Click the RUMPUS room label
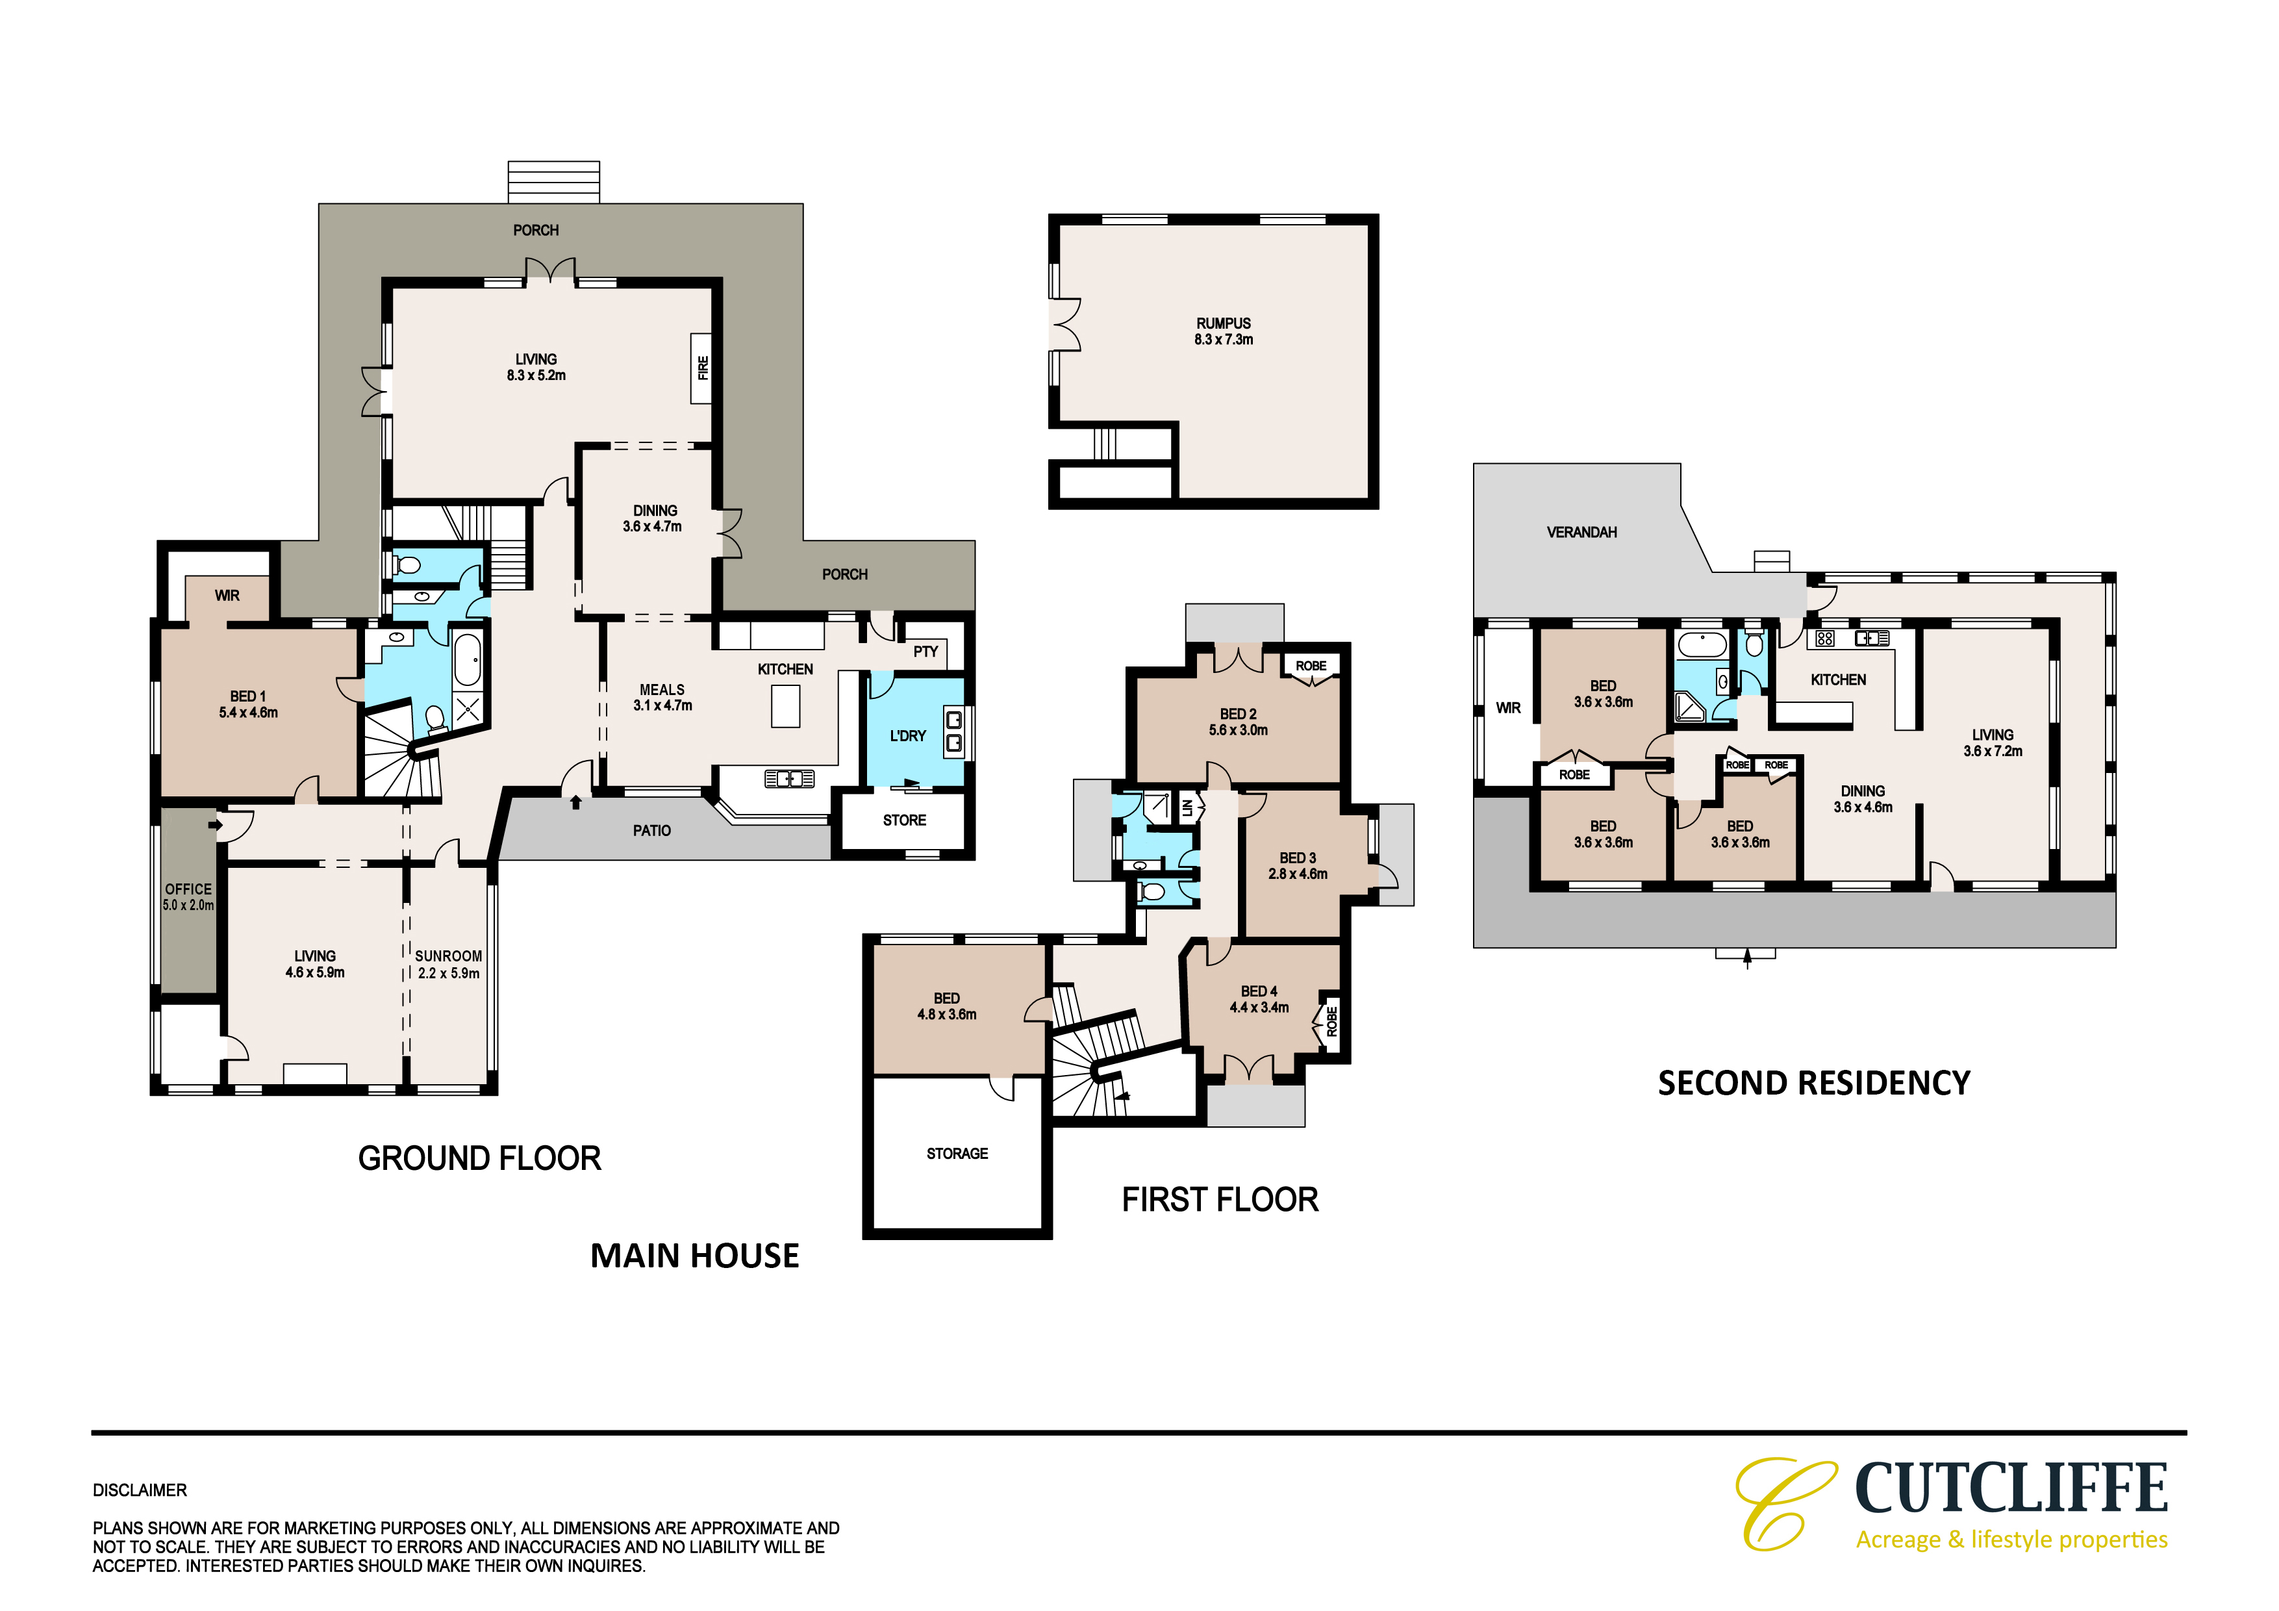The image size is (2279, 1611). click(1223, 323)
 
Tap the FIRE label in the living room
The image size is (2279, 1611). click(703, 367)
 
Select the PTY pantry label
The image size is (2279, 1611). click(925, 651)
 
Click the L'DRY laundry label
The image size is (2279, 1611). click(907, 735)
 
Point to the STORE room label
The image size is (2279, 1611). click(904, 820)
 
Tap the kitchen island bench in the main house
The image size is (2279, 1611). click(785, 705)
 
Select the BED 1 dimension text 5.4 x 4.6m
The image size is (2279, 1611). click(248, 713)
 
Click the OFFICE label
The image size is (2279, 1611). click(188, 889)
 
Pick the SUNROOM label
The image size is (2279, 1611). click(449, 956)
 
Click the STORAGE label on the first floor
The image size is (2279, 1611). click(957, 1154)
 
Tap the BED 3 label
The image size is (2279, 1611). click(1298, 857)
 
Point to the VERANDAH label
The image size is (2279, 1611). click(1581, 532)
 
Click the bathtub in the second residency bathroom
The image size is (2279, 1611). click(1702, 645)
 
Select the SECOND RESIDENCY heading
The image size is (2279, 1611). click(1813, 1083)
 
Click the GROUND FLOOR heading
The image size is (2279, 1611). click(479, 1158)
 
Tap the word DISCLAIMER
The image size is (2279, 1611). click(140, 1490)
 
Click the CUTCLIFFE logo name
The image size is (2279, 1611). click(2011, 1489)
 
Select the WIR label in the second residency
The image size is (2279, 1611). click(1508, 707)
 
